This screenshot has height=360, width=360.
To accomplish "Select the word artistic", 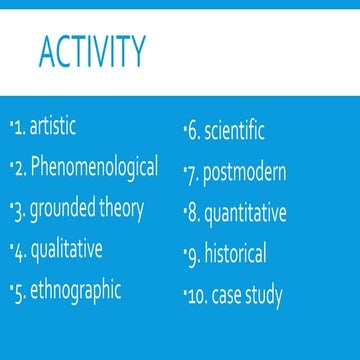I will click(x=53, y=127).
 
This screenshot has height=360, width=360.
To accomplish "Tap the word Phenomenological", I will click(x=95, y=167).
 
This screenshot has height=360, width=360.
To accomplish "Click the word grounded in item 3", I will click(x=64, y=209).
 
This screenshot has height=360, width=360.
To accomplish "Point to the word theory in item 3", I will click(x=123, y=209).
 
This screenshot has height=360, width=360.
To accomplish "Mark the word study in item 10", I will click(x=265, y=296).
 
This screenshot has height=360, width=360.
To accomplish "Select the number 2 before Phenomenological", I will click(x=21, y=168).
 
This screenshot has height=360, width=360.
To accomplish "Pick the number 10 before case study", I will click(x=199, y=296).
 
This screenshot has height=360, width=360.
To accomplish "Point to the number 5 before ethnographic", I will click(x=21, y=291).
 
